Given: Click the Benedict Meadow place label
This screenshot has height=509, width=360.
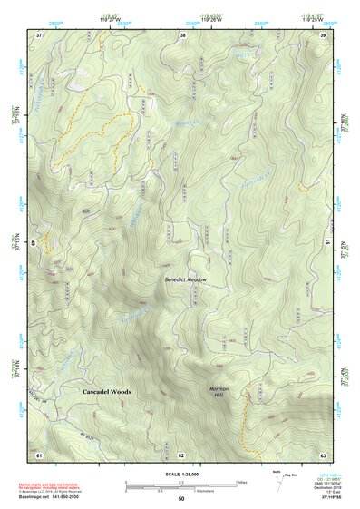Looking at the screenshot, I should tap(186, 280).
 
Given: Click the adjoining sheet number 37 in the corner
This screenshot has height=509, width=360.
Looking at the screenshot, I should tap(39, 34).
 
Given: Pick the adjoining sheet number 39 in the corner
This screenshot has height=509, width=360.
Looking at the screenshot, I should tap(324, 34).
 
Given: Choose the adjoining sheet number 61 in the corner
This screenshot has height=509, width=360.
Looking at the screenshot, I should tap(39, 453).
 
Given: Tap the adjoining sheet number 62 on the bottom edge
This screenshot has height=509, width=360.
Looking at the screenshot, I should tap(181, 453).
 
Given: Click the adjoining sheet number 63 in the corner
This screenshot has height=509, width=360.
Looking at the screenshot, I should tap(324, 453).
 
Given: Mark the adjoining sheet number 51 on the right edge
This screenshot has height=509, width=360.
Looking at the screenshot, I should tap(328, 243).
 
